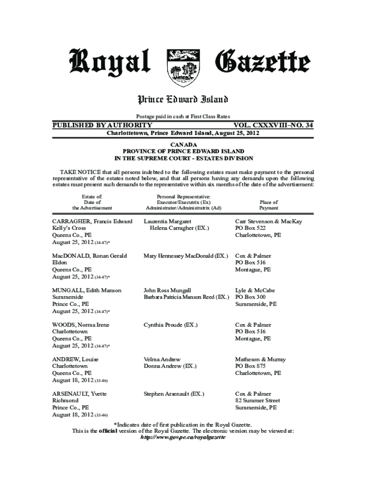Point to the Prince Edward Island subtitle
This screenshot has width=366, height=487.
183,99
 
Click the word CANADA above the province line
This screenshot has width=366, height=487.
183,144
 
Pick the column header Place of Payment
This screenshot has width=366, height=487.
269,205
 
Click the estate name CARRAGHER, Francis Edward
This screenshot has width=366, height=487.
92,222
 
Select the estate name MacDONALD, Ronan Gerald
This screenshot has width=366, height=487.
89,256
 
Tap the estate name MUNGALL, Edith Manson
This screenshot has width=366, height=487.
87,290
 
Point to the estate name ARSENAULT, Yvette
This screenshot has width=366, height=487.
79,394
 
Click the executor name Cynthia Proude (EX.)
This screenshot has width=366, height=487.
171,325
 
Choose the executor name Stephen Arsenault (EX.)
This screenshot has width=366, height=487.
174,394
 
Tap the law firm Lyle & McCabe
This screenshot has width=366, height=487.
255,290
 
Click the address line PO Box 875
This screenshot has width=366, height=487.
250,366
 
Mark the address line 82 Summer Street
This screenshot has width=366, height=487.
258,401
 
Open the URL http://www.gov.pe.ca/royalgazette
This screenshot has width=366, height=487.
183,437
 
